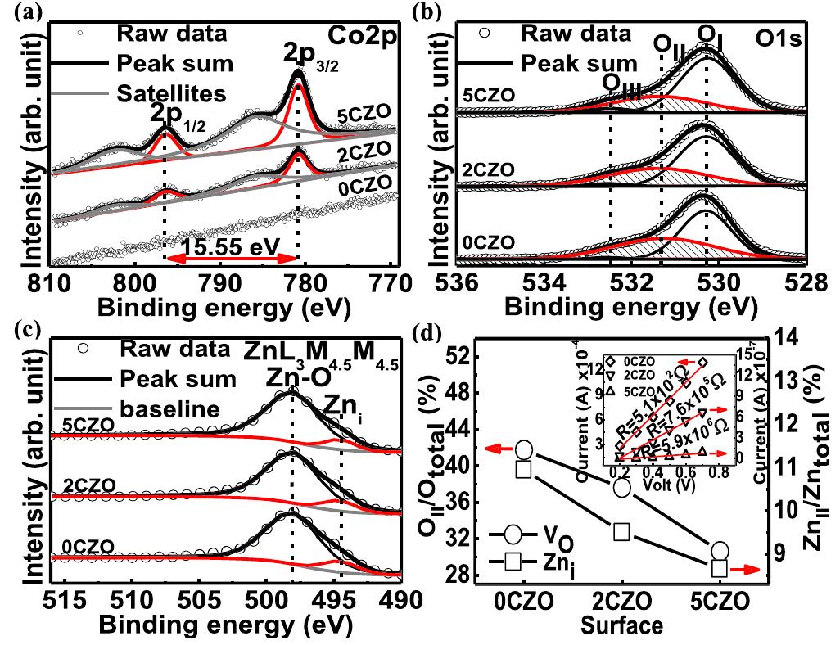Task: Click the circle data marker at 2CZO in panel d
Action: point(621,487)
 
